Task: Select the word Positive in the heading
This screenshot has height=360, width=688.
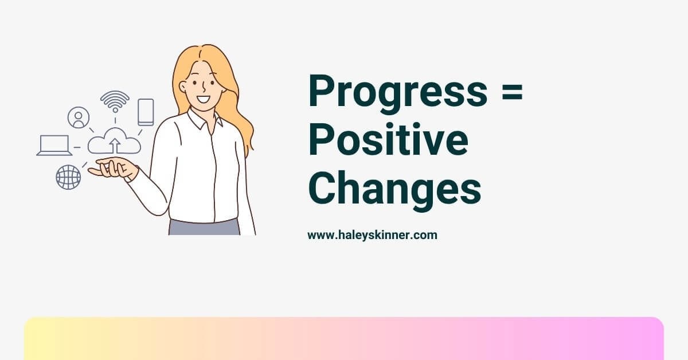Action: click(388, 139)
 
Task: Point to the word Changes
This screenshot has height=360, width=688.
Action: click(394, 188)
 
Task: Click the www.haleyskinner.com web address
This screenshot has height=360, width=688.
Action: click(372, 235)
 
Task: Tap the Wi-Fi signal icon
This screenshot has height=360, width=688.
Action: click(115, 101)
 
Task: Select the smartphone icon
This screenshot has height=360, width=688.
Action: click(146, 112)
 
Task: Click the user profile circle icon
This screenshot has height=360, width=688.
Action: click(79, 118)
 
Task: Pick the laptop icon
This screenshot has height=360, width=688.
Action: click(54, 145)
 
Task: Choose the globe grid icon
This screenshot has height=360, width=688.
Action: click(68, 177)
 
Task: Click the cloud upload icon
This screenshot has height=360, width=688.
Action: click(114, 141)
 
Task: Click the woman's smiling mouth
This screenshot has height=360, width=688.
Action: click(204, 100)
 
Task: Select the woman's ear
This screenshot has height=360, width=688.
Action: click(183, 87)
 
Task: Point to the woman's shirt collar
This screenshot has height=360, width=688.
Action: click(204, 120)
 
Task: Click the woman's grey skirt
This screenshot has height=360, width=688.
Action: click(204, 227)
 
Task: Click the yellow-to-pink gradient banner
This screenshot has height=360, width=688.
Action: click(344, 338)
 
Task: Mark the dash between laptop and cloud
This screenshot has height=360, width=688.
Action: click(77, 147)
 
